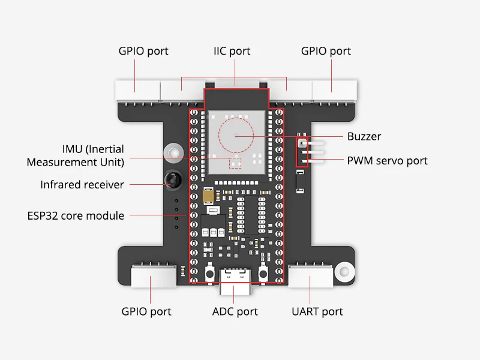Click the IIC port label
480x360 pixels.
[x=232, y=51]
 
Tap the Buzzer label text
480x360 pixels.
[x=364, y=136]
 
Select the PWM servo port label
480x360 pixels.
[x=388, y=161]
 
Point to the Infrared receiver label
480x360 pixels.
[x=82, y=185]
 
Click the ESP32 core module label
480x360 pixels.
[x=76, y=215]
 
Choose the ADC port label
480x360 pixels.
[x=235, y=311]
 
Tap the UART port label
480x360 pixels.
[x=317, y=311]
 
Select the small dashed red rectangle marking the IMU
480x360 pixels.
[x=235, y=162]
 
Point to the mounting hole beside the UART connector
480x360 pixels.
[x=343, y=271]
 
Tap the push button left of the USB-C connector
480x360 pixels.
[x=210, y=274]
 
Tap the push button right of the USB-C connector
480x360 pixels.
[x=262, y=274]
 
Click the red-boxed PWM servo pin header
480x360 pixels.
[x=302, y=152]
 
